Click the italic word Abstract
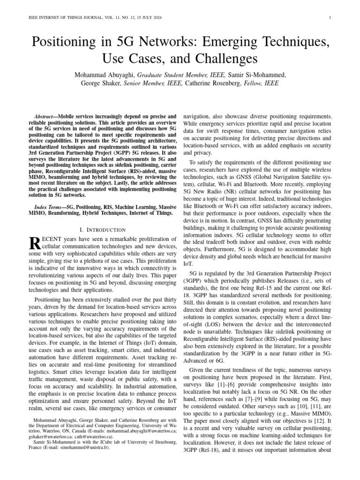[47, 115]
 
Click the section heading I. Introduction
[102, 230]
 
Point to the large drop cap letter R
[35, 243]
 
